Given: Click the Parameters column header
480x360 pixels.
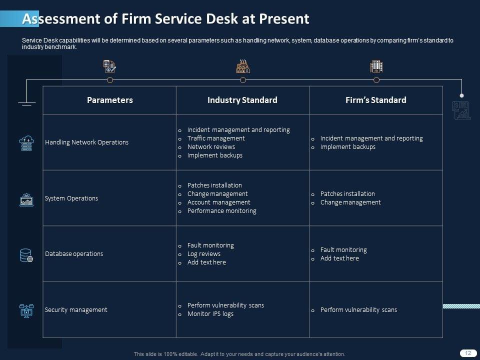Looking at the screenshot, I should coord(110,100).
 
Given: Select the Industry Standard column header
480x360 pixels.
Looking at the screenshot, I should coord(242,100).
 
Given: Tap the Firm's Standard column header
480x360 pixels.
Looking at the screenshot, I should coord(376,100).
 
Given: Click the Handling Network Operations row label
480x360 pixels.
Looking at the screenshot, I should coord(86,142).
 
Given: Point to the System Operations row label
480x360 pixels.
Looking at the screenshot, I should coord(71,198).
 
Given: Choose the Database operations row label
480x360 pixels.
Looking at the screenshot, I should coord(74,254).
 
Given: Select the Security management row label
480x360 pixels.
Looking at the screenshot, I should coord(76,310).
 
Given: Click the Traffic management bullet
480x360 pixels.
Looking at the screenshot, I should coord(216,138).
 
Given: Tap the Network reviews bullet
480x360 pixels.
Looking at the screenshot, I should coord(211,147).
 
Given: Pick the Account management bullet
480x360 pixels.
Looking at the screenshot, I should coord(218,202).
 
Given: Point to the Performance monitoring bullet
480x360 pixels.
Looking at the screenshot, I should coord(221,211).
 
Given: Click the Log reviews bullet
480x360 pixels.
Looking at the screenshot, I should coord(203,254).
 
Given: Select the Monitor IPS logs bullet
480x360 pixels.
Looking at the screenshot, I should coord(210,314).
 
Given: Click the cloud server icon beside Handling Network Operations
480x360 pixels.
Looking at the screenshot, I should coord(26,143).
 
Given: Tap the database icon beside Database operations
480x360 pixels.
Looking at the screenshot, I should coord(26,255).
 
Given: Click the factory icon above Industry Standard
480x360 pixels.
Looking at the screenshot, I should coord(243,66).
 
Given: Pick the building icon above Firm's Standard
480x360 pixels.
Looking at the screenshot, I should coord(376,66).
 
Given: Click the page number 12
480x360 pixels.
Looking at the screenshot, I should coord(468,353).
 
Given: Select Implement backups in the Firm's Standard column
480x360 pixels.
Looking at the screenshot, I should coord(347,147).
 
